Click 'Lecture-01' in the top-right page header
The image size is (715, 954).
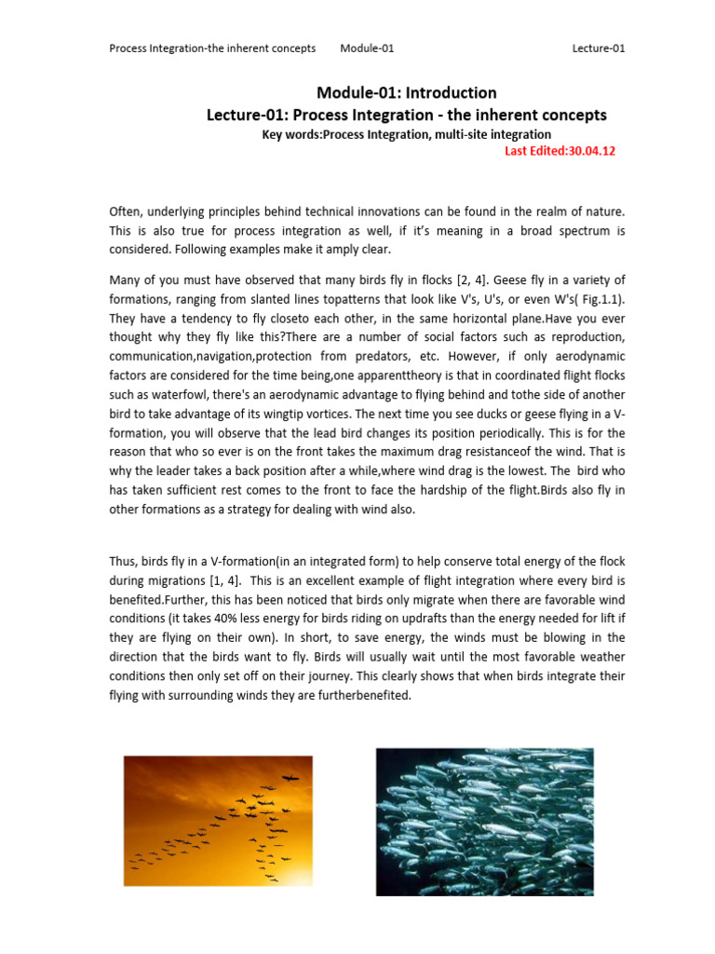coord(598,48)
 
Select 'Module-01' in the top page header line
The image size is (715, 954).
coord(367,48)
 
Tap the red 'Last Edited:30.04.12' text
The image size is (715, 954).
coord(560,151)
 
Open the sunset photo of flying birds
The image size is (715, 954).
coord(205,820)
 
